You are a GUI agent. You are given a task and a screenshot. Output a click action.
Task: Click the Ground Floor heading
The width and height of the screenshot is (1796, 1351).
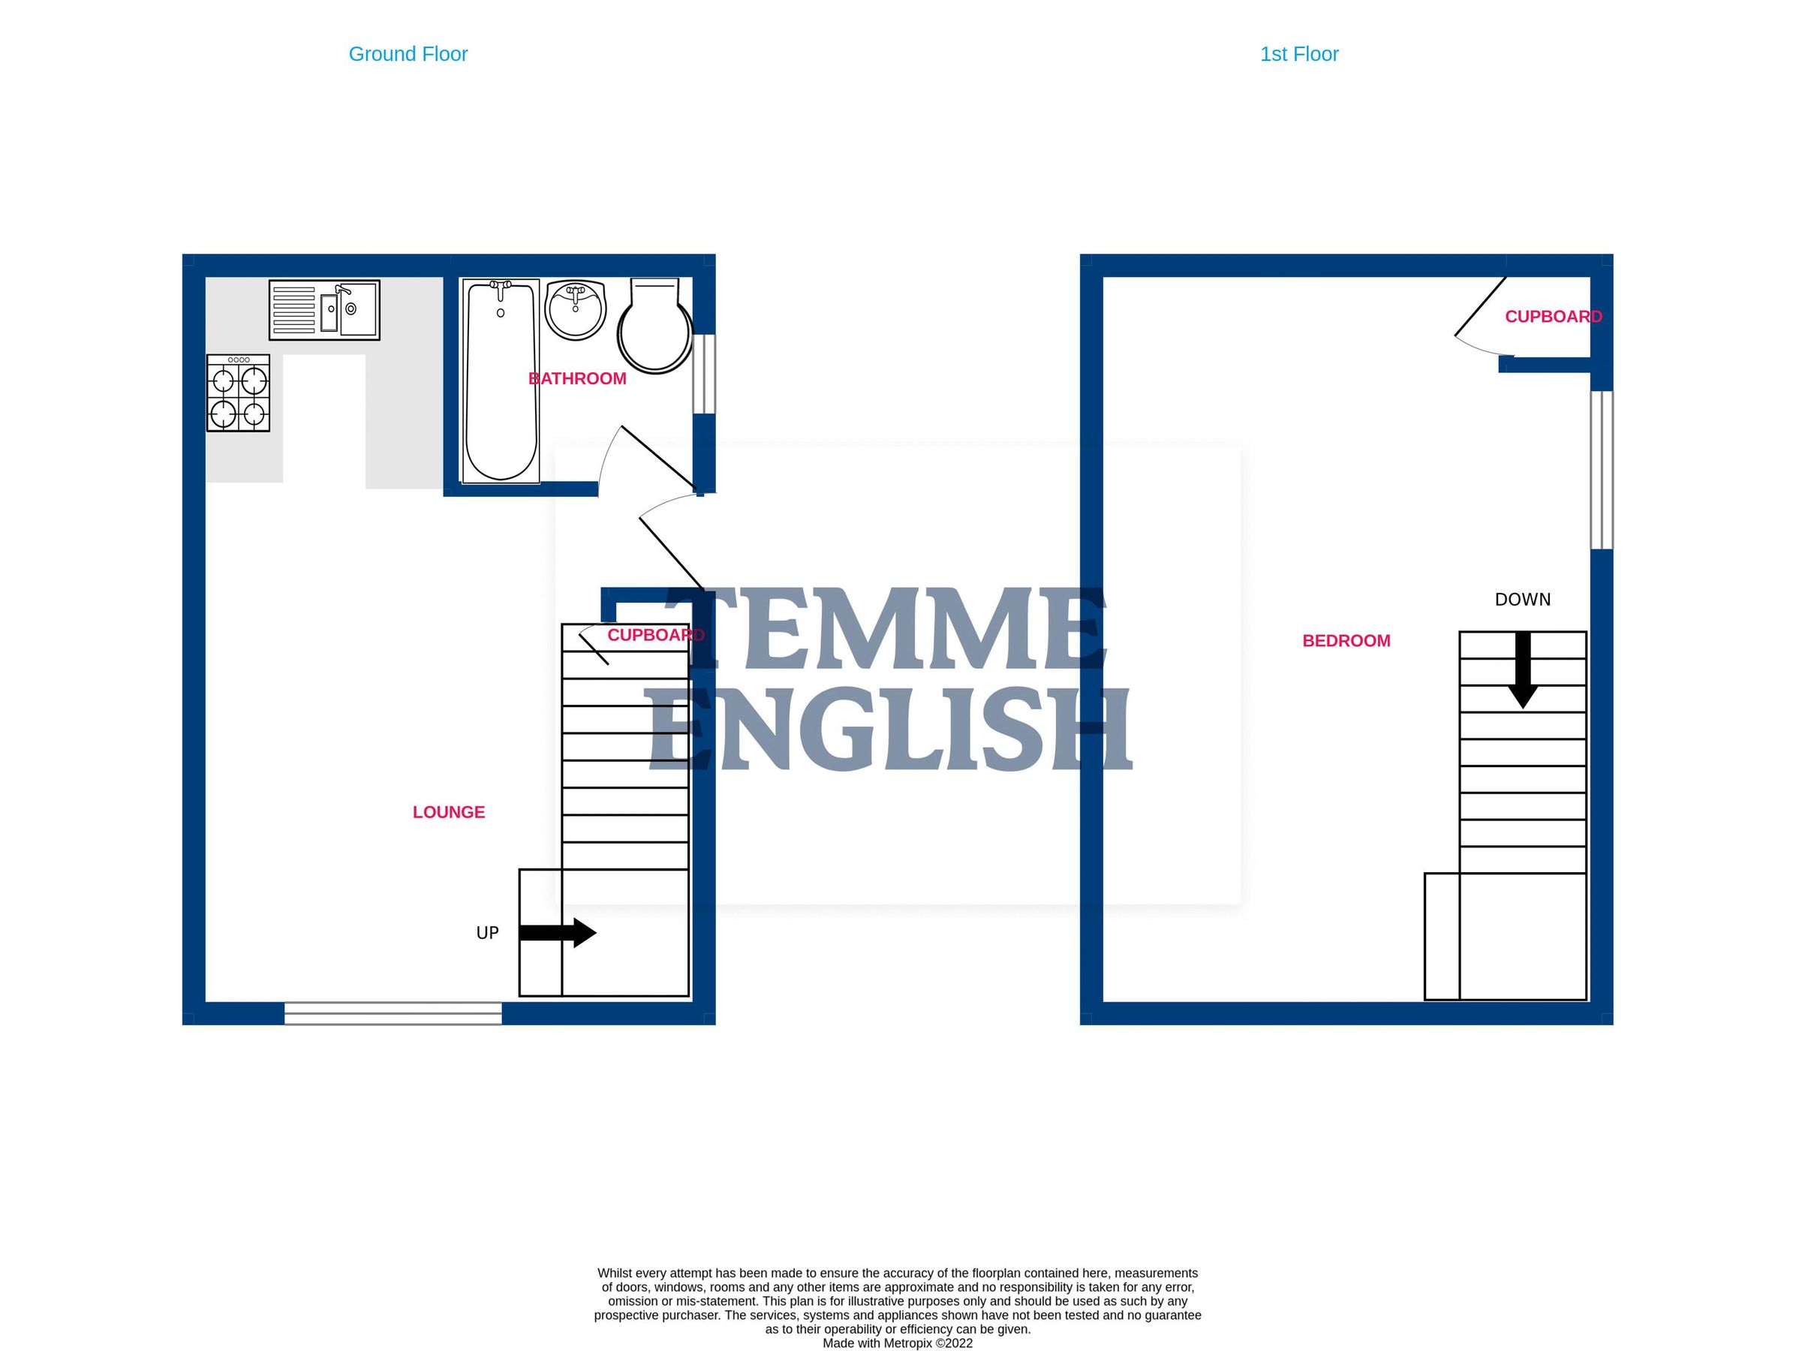(x=408, y=54)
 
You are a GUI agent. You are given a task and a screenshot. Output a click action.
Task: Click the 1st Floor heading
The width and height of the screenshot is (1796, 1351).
(x=1298, y=54)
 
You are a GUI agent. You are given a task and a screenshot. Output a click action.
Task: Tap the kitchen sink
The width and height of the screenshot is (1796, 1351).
(x=324, y=310)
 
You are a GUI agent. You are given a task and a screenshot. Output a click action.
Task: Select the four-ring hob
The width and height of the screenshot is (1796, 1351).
(x=238, y=393)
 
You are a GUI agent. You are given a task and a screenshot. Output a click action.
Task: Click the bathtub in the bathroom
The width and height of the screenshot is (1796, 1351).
(x=500, y=381)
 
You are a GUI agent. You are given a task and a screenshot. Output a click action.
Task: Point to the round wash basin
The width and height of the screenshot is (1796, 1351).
(x=576, y=309)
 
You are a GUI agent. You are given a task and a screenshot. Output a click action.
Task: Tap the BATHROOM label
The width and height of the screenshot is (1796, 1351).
(x=577, y=378)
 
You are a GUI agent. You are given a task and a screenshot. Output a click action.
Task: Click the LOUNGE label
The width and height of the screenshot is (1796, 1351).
(x=448, y=812)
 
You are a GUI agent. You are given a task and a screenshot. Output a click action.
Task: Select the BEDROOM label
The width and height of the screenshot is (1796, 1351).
(x=1346, y=640)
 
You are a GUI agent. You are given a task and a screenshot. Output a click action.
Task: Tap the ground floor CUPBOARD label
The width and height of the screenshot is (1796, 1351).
(x=655, y=635)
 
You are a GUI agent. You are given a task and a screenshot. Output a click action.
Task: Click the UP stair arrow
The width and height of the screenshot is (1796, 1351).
(x=558, y=933)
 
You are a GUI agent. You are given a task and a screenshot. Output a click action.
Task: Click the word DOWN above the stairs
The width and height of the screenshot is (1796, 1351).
(x=1522, y=599)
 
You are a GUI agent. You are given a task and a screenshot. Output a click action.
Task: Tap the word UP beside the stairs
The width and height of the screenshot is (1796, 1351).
(x=487, y=933)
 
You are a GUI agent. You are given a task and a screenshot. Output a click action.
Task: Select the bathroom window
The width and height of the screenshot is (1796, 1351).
(x=704, y=375)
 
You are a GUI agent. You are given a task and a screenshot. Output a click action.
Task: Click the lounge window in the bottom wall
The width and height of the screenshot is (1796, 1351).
(x=393, y=1013)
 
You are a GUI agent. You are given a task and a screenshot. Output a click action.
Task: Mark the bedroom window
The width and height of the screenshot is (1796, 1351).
(x=1601, y=470)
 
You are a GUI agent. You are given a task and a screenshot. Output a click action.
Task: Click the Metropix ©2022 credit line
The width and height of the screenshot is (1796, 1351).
(x=897, y=1343)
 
